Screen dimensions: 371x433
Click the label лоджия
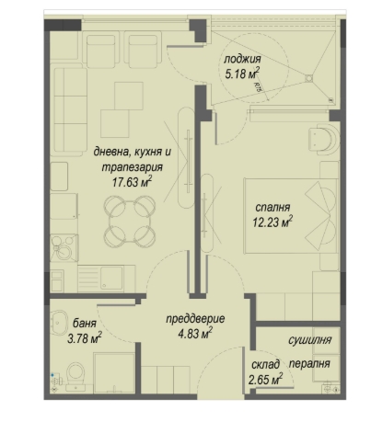(x=242, y=59)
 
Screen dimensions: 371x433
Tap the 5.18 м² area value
(x=242, y=74)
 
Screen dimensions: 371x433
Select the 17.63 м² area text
(x=132, y=182)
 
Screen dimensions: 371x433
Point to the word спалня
(x=272, y=208)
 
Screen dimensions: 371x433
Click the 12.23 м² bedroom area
(x=272, y=222)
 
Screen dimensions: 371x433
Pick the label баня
(x=85, y=323)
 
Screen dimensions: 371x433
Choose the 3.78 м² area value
(x=85, y=338)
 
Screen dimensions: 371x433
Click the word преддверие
(x=195, y=319)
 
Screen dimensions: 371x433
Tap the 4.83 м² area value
(x=195, y=333)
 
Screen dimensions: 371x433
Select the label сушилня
(x=309, y=340)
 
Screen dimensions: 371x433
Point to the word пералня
(x=309, y=364)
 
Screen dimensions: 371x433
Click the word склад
(x=265, y=365)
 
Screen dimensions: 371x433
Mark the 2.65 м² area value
(x=265, y=380)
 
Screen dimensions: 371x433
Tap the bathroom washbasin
(x=59, y=323)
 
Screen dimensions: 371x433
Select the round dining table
(x=129, y=222)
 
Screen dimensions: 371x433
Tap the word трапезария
(x=132, y=167)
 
